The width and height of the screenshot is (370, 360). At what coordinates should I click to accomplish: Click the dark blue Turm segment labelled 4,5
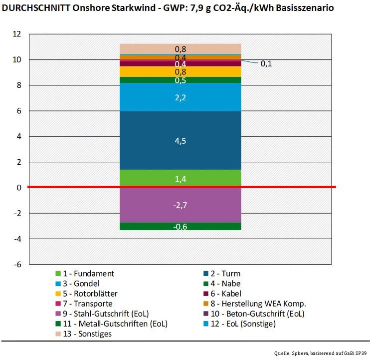click(x=181, y=141)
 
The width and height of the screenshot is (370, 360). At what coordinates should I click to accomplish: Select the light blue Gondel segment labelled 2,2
click(x=181, y=97)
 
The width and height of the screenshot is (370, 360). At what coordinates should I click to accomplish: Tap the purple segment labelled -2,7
click(x=181, y=205)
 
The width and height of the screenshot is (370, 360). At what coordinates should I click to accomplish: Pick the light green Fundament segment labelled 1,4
click(x=181, y=179)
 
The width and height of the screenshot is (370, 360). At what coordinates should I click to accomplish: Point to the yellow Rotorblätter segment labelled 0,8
click(x=181, y=71)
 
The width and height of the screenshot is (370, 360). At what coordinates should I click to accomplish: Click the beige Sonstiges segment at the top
click(x=181, y=48)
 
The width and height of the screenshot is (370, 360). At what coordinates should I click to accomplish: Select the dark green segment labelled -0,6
click(x=181, y=226)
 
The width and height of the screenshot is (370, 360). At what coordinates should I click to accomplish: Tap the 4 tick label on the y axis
click(x=19, y=136)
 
